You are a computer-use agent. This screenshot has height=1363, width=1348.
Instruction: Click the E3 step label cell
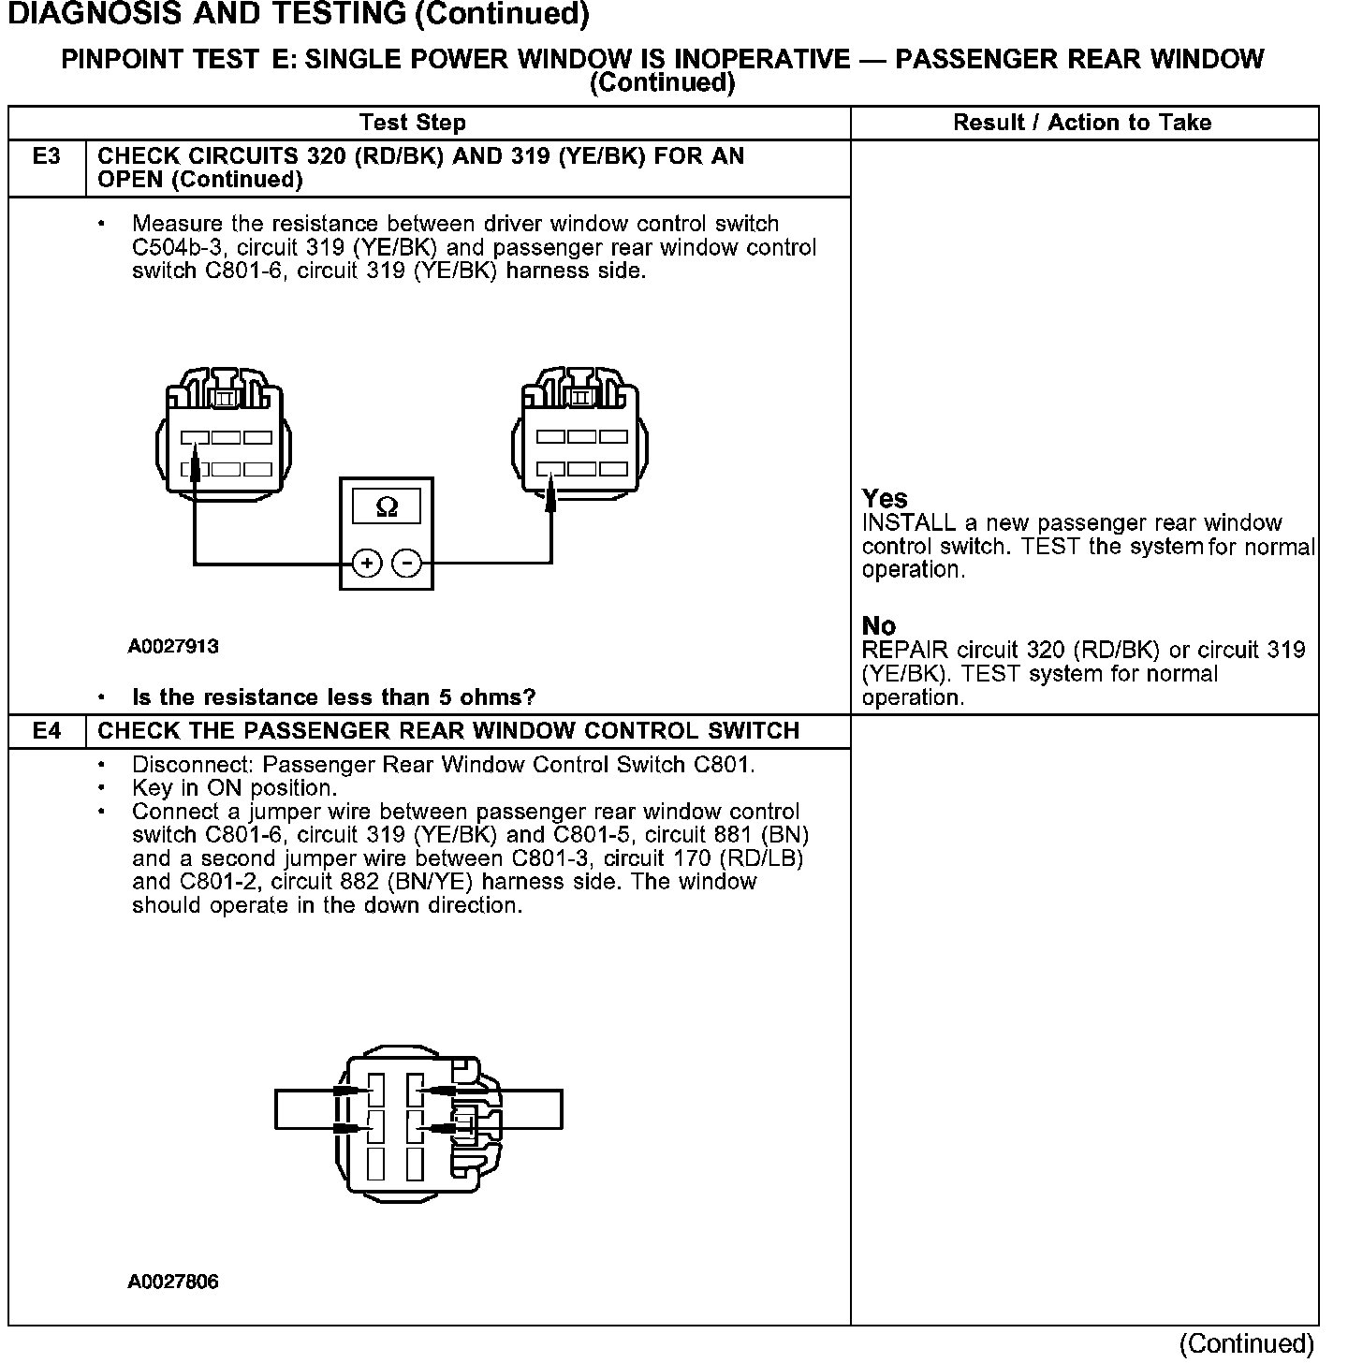[46, 157]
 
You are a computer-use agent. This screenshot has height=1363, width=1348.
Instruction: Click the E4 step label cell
[46, 731]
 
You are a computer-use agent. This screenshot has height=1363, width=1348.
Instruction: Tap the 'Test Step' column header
[412, 123]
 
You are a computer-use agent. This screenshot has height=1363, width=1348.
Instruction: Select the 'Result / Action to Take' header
[1082, 123]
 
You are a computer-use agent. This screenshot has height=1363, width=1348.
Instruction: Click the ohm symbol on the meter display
[386, 507]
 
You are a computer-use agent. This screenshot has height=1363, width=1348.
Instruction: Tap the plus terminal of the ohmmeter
[367, 564]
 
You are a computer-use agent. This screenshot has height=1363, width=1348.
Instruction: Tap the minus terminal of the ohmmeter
[406, 564]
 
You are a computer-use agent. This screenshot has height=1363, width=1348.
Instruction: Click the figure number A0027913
[173, 646]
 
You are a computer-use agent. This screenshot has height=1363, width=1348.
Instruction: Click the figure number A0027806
[173, 1282]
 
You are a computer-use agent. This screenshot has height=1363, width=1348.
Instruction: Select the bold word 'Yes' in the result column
[885, 499]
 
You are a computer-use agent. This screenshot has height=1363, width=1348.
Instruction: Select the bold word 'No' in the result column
[878, 625]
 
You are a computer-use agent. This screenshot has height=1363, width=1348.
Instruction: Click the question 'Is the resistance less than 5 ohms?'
[333, 697]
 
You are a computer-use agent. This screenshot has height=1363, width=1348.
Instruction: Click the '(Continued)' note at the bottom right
[1246, 1344]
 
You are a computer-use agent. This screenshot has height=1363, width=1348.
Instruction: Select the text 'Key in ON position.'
[234, 788]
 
